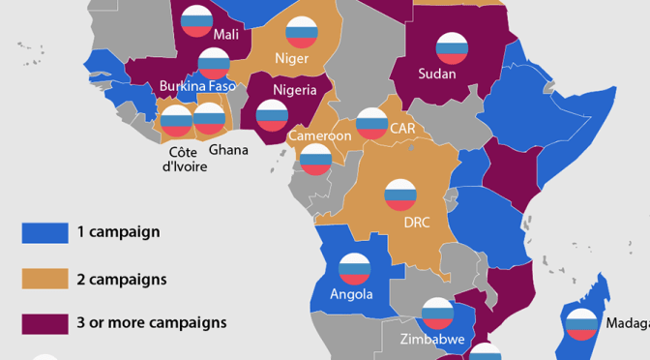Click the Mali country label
click(225, 35)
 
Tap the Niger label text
click(291, 58)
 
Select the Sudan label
click(437, 73)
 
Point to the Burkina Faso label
click(197, 86)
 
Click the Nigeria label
click(295, 90)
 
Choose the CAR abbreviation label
click(402, 127)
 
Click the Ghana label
click(228, 150)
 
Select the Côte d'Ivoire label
click(185, 159)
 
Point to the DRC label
click(417, 223)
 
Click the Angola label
click(351, 294)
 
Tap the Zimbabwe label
click(433, 340)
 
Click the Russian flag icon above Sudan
click(451, 47)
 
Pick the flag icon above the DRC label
click(400, 195)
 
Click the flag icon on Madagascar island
click(581, 324)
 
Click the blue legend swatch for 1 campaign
click(44, 232)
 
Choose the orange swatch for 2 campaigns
click(44, 279)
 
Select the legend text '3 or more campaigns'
click(152, 322)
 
